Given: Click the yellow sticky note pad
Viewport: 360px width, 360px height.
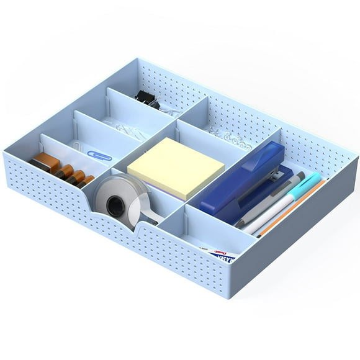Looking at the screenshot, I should point(176,168).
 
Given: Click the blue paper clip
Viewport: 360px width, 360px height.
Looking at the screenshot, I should point(98,155).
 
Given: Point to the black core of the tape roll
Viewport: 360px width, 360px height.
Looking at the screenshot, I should point(115,205).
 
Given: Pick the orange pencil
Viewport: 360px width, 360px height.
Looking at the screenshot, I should point(292,208).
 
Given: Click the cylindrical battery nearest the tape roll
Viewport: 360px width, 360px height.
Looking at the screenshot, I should point(86,181).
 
